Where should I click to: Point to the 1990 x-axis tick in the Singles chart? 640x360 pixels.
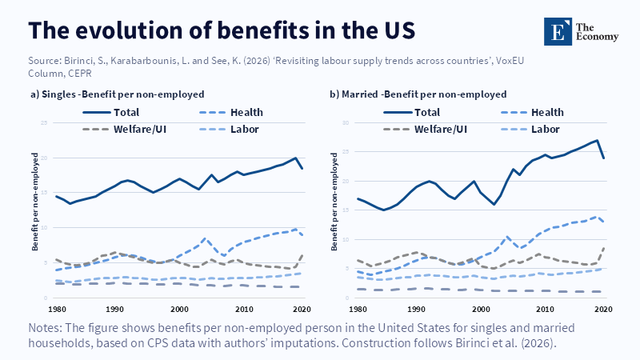(115, 308)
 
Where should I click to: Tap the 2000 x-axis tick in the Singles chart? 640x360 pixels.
(178, 308)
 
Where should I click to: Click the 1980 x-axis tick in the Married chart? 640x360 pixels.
(356, 308)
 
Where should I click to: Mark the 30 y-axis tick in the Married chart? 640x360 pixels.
(346, 123)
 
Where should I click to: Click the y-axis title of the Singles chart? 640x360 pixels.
(36, 210)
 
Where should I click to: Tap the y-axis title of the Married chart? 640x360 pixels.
(336, 210)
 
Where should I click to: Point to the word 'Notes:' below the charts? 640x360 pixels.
(47, 328)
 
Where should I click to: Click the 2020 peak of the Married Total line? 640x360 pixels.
(597, 141)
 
